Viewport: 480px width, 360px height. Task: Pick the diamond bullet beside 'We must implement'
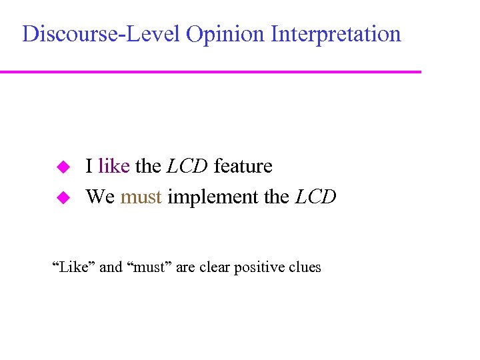62,197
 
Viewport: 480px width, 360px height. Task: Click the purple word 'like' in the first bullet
113,166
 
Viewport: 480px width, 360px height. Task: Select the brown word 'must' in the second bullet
141,197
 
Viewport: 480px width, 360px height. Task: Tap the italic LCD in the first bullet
187,166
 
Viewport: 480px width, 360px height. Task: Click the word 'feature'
243,166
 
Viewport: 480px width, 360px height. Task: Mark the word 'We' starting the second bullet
101,197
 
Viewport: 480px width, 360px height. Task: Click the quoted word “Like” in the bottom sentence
74,267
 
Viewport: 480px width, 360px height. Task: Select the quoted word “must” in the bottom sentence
147,267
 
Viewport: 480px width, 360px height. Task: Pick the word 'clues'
305,267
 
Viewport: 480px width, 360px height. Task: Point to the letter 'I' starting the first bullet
89,166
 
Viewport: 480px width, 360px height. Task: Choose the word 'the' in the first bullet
148,166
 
